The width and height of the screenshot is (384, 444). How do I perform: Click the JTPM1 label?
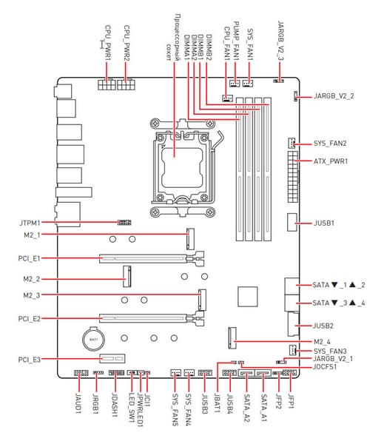(30, 223)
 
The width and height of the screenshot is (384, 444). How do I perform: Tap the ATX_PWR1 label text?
(331, 161)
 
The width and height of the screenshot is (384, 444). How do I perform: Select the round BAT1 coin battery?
(94, 339)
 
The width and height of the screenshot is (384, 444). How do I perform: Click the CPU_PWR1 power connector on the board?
(107, 84)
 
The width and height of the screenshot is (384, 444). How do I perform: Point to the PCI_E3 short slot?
(112, 359)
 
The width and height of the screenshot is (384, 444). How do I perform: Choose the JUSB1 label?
(323, 223)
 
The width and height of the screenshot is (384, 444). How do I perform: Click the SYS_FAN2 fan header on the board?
(292, 143)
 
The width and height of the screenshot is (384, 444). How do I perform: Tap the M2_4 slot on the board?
(232, 338)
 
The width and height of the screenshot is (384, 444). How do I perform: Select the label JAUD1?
(78, 403)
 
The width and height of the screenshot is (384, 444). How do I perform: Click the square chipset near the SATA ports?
(248, 297)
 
